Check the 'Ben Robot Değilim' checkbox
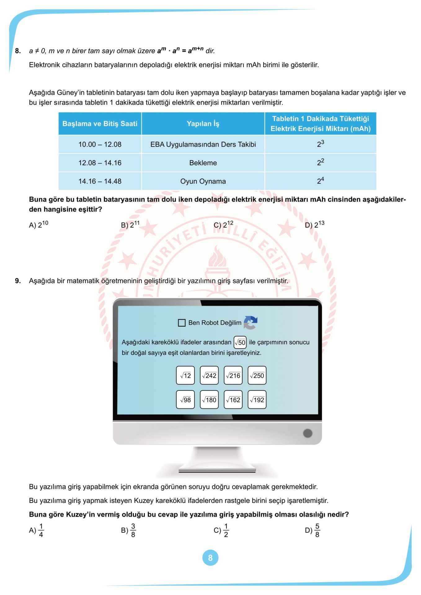pos(182,323)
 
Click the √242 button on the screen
pos(209,375)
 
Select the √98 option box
pos(185,399)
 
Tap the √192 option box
pos(257,399)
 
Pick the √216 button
pos(233,375)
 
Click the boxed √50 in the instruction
pos(240,342)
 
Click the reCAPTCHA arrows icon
pos(250,323)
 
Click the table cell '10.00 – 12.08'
pos(100,144)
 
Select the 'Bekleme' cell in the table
pos(203,163)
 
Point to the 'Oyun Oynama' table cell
pos(203,181)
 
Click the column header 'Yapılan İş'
pos(203,124)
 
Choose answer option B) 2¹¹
pos(130,225)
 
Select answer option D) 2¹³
pos(314,225)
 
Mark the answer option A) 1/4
pos(37,530)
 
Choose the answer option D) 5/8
pos(312,530)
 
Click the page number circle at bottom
pos(210,558)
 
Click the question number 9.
pos(18,281)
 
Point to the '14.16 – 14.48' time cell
pos(100,181)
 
